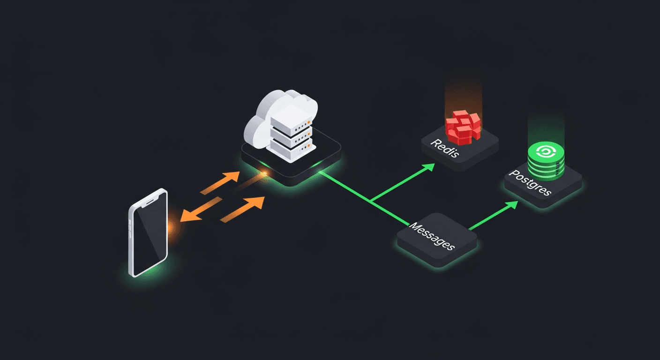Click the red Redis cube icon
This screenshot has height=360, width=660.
pyautogui.click(x=463, y=126)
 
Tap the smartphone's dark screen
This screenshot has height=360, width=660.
pyautogui.click(x=150, y=235)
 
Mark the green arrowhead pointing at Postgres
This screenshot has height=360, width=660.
pyautogui.click(x=512, y=205)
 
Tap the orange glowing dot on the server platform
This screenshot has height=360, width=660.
pyautogui.click(x=264, y=174)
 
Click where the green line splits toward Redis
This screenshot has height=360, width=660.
pyautogui.click(x=370, y=201)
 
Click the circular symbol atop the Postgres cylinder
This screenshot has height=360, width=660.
pyautogui.click(x=546, y=151)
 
